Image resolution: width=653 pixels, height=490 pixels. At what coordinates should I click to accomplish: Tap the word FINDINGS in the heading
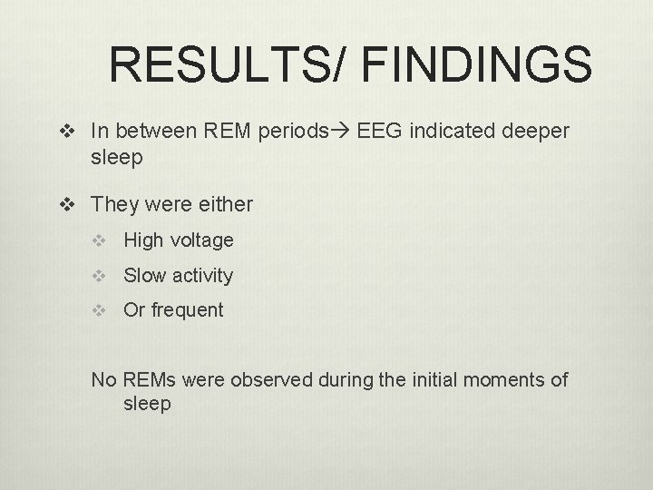click(477, 65)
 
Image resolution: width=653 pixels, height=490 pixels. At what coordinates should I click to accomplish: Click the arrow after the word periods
click(344, 132)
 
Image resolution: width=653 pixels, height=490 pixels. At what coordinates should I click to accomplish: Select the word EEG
click(380, 132)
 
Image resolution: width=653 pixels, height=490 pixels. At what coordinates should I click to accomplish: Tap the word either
click(224, 204)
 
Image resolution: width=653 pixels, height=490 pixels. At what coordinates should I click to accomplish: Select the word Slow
click(144, 275)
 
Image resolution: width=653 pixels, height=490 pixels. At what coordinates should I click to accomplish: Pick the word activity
click(202, 275)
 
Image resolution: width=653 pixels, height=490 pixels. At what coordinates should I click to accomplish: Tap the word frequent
click(187, 309)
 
